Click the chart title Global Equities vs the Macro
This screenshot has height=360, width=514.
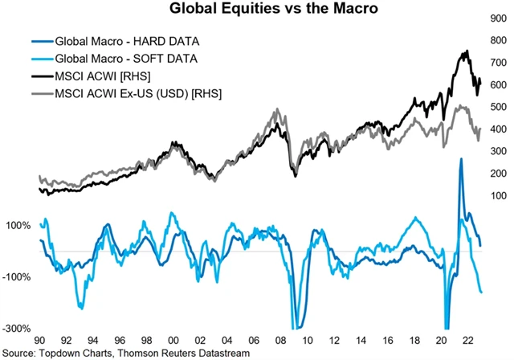pyautogui.click(x=256, y=10)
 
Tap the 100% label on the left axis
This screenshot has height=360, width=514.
pyautogui.click(x=18, y=226)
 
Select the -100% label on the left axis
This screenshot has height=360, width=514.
pyautogui.click(x=18, y=277)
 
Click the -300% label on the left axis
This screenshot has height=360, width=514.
pyautogui.click(x=18, y=329)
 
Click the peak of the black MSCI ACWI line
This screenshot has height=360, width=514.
pyautogui.click(x=466, y=51)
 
